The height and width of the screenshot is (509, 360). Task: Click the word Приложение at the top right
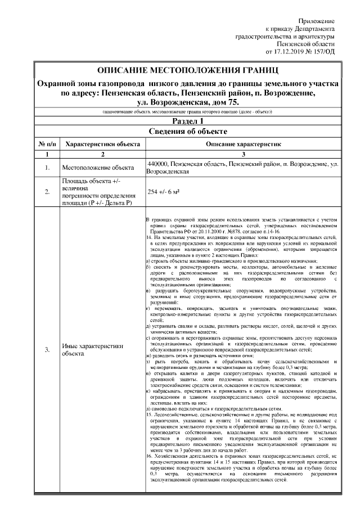pyautogui.click(x=316, y=21)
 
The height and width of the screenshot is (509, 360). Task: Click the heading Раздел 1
pyautogui.click(x=187, y=121)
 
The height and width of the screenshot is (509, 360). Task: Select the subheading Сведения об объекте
pyautogui.click(x=187, y=132)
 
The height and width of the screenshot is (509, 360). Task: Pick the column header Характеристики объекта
pyautogui.click(x=103, y=144)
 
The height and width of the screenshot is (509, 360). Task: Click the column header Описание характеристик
pyautogui.click(x=243, y=144)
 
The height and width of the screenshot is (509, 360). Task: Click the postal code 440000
pyautogui.click(x=159, y=164)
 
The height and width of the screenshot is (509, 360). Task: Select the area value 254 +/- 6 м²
pyautogui.click(x=163, y=192)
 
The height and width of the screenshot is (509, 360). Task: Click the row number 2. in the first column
pyautogui.click(x=47, y=192)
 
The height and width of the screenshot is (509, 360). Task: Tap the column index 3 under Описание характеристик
pyautogui.click(x=243, y=154)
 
